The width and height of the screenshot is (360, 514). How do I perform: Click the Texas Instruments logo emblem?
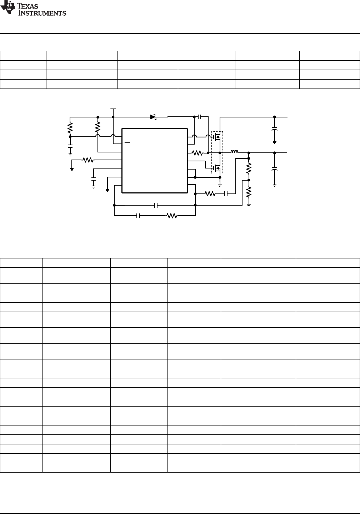tap(7, 7)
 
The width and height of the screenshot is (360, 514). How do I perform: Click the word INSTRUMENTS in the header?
tap(42, 13)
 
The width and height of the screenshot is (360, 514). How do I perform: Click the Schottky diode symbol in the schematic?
tap(153, 117)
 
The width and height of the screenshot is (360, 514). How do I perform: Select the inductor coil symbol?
tap(234, 151)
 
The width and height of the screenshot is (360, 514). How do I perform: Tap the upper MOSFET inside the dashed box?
tap(217, 137)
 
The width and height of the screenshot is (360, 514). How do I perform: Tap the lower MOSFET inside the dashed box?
tap(217, 168)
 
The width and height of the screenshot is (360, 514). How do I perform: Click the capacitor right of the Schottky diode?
tap(199, 117)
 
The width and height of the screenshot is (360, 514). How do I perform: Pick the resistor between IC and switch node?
tap(197, 153)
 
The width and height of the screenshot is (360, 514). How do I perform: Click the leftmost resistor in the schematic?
tap(70, 128)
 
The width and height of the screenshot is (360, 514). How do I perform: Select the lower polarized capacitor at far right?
tap(274, 169)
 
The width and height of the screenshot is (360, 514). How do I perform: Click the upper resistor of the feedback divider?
tap(249, 168)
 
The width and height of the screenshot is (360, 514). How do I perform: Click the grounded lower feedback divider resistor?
tap(249, 192)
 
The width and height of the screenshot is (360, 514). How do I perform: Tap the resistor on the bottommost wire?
tap(172, 216)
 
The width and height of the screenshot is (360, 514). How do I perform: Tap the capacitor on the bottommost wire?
tap(138, 216)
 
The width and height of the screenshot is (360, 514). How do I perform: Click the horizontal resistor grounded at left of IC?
tap(88, 160)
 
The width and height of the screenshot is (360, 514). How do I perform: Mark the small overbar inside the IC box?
tap(127, 143)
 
